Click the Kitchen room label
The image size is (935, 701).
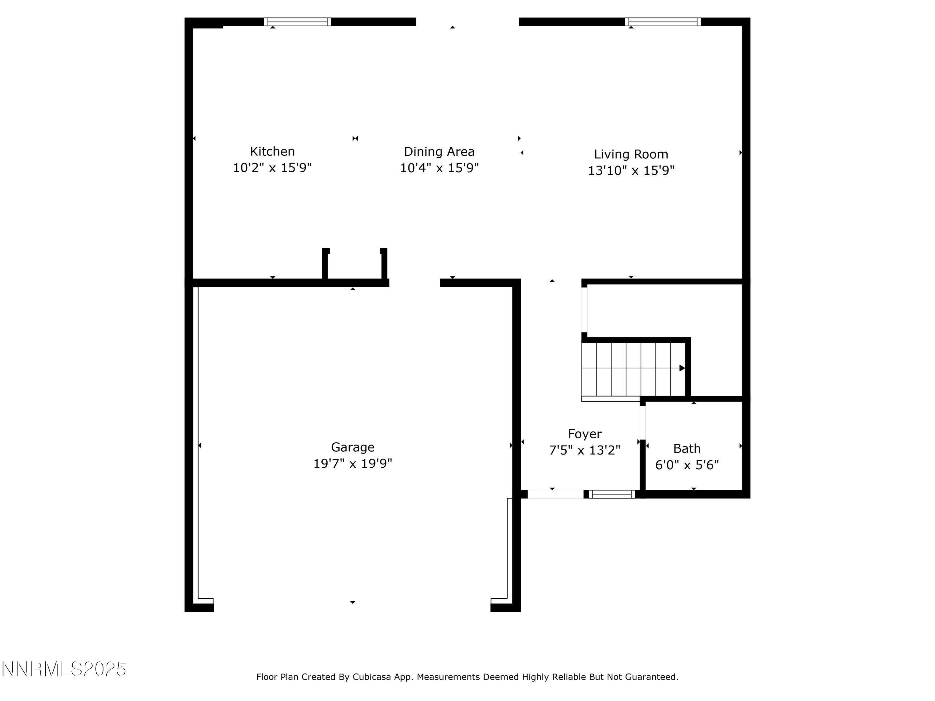pos(272,151)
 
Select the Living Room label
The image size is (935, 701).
pos(631,154)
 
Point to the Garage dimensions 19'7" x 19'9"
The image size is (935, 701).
pos(352,464)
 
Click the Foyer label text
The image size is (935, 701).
pos(585,434)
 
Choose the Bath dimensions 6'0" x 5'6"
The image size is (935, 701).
pos(687,465)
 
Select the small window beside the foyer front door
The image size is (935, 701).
pos(611,494)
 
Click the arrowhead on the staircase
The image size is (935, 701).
pos(681,368)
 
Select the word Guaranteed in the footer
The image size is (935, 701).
pos(651,677)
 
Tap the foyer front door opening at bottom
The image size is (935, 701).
pos(555,494)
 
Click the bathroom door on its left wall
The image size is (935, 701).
pos(642,422)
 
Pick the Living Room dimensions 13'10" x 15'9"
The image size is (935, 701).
pos(631,171)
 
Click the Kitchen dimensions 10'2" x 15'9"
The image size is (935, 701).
pos(272,168)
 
